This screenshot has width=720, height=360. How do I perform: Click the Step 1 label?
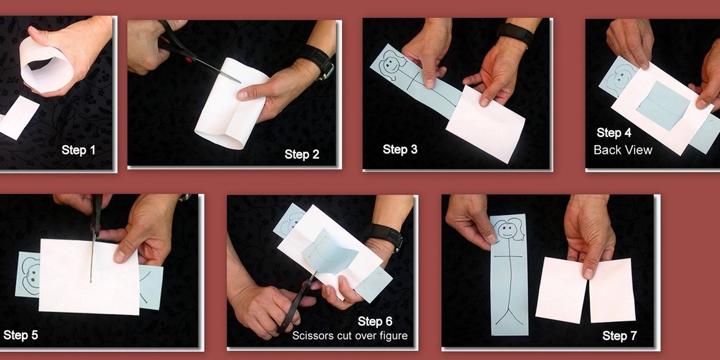(78, 150)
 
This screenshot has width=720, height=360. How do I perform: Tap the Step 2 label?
(302, 154)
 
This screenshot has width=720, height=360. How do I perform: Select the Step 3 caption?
(400, 149)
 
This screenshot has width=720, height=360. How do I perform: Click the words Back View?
(622, 150)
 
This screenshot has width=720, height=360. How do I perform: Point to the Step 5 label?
(20, 335)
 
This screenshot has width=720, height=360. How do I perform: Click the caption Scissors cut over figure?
(350, 336)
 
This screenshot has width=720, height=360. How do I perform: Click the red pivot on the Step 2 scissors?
(189, 59)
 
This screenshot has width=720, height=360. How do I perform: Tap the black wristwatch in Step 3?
(515, 34)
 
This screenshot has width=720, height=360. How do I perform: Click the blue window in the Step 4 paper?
(663, 106)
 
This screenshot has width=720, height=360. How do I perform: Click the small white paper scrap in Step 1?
(19, 117)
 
